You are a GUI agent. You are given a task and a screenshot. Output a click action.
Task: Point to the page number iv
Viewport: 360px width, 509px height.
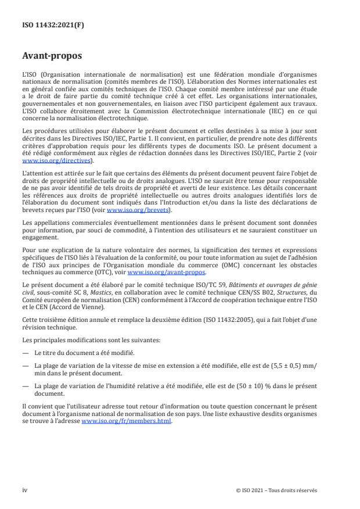[x=24, y=490]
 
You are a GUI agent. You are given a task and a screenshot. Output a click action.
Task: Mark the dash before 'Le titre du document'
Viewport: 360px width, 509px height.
[x=25, y=354]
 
